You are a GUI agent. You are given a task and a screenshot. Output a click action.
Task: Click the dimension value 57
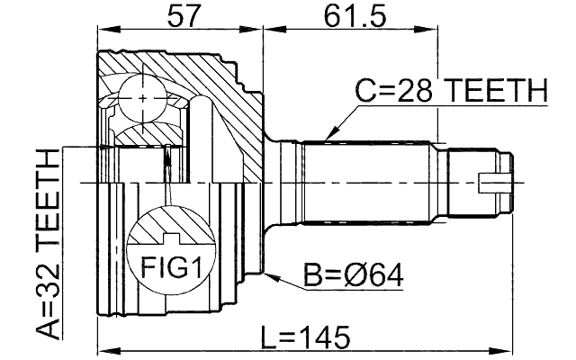[x=179, y=15]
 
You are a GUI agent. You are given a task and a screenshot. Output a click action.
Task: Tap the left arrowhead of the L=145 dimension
[x=102, y=350]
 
